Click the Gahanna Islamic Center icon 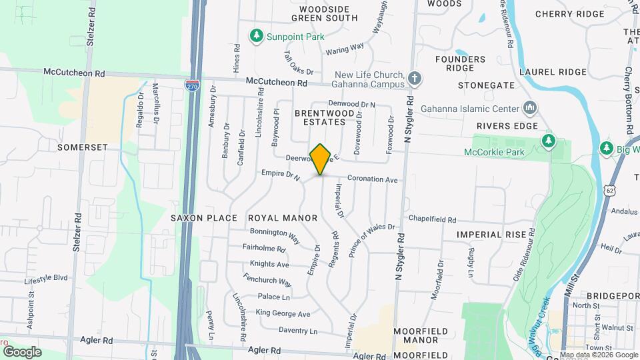click(531, 107)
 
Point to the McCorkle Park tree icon click(548, 140)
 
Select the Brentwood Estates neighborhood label click(320, 117)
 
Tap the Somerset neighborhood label click(82, 147)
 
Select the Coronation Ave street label click(373, 179)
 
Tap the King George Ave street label click(283, 313)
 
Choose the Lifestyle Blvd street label click(47, 277)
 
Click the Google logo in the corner click(22, 351)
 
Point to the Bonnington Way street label click(275, 233)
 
